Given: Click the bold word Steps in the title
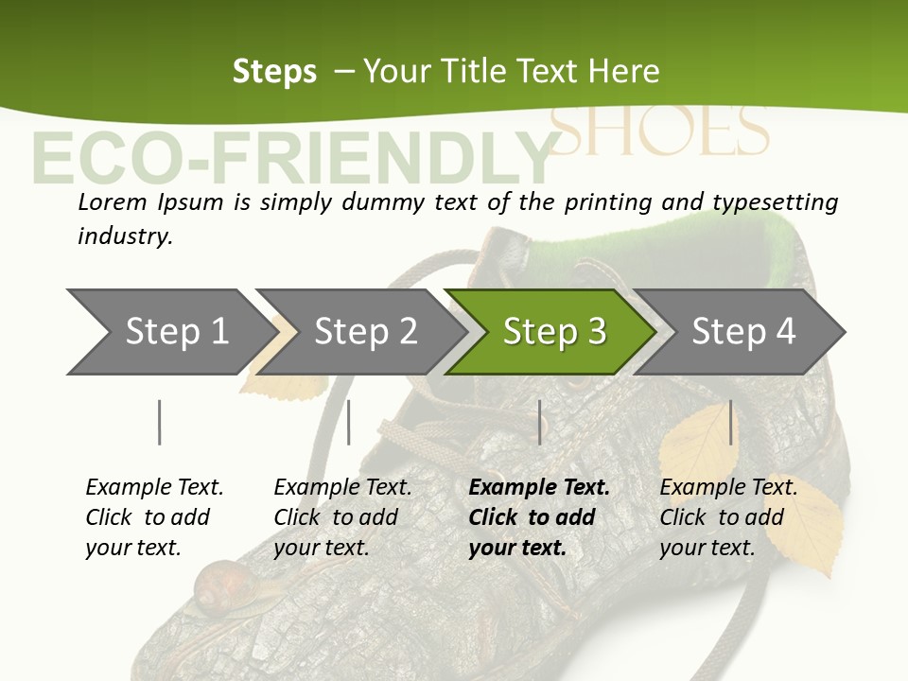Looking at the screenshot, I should point(274,72).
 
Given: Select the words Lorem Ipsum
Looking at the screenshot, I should point(150,201).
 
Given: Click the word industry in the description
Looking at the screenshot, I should point(125,236).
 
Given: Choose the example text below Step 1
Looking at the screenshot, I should point(154,517).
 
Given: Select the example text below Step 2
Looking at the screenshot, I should point(342,517).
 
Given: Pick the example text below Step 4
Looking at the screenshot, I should point(728,517).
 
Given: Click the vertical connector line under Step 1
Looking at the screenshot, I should point(160,422).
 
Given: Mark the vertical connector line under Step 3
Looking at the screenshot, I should point(539,422).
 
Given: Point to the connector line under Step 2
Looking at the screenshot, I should point(349,422).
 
